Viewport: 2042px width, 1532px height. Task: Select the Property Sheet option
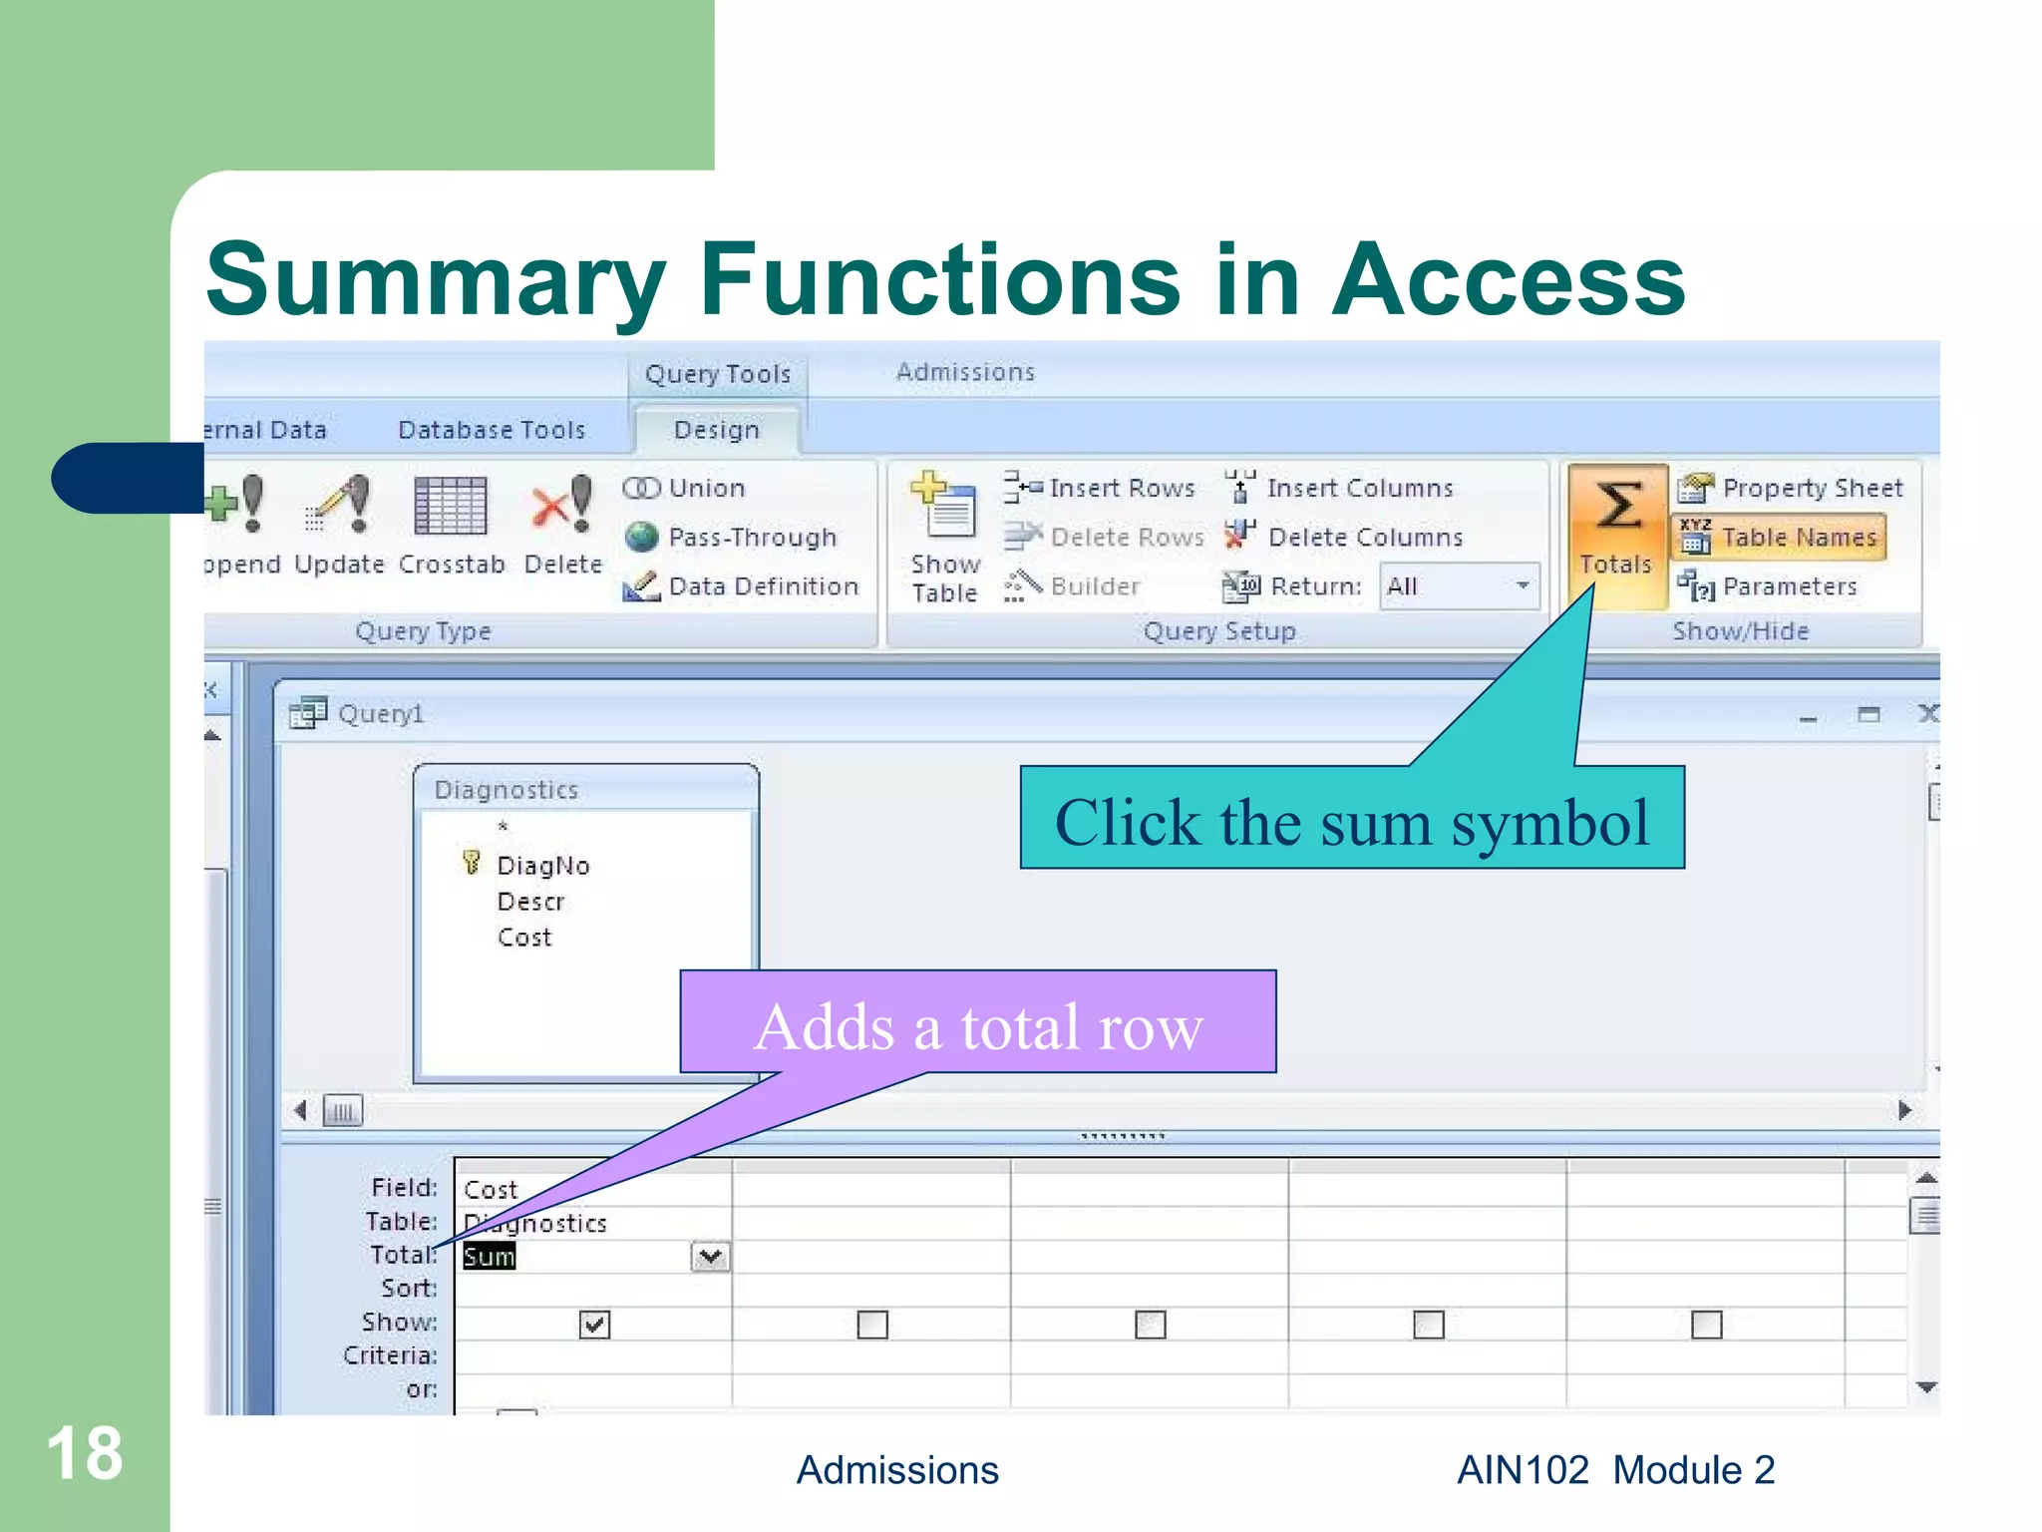point(1791,488)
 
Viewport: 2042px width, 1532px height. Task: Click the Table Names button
point(1779,538)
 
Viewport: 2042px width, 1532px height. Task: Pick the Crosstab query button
point(452,524)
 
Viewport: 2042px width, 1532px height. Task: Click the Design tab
point(717,430)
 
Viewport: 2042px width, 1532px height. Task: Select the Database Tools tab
point(492,430)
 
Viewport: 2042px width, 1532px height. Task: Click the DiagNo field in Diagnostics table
point(543,866)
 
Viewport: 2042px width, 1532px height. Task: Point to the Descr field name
point(530,902)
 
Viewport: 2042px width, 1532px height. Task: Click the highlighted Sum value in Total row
point(490,1257)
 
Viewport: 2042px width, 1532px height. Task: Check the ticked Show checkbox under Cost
point(594,1325)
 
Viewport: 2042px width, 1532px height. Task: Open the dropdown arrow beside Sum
point(710,1257)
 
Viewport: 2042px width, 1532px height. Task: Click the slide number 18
point(85,1453)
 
